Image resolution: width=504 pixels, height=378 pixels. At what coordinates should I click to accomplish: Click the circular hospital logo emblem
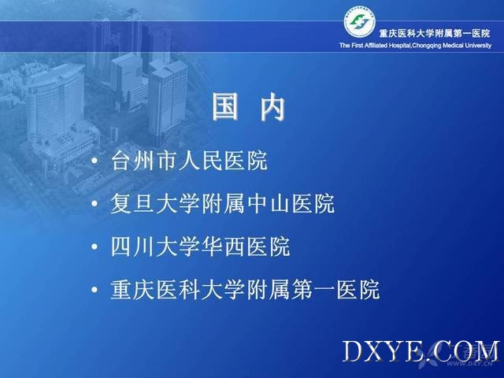click(359, 22)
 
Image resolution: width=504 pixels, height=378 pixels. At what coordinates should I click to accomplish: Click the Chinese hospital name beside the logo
click(435, 33)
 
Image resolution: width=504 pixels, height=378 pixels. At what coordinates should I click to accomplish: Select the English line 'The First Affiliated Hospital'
click(375, 46)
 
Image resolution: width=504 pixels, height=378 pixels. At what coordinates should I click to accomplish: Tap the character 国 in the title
click(226, 106)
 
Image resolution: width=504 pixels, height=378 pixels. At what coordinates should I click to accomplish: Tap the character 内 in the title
click(272, 106)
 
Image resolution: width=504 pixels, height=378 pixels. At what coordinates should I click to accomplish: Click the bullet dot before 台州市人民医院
click(94, 161)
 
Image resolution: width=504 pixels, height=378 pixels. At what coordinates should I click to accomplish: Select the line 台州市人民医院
click(189, 160)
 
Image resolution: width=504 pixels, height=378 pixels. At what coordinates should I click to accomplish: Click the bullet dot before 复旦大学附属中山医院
click(94, 203)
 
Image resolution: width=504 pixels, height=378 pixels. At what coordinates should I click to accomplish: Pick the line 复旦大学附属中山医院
click(222, 203)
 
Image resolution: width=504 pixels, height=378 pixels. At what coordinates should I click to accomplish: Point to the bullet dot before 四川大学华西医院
click(94, 246)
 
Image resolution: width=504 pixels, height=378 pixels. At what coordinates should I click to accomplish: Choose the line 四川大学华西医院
click(200, 246)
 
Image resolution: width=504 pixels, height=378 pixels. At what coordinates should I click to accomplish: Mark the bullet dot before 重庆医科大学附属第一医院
click(94, 290)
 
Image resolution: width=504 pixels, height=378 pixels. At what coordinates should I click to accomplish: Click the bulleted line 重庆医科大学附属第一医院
click(245, 290)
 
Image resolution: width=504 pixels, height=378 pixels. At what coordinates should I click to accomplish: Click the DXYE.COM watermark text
click(421, 351)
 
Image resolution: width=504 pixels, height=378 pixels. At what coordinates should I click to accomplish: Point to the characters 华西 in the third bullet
click(223, 246)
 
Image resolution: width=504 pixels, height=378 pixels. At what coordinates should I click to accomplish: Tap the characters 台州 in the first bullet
click(133, 160)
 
